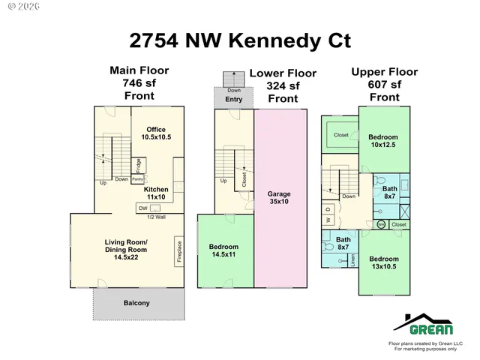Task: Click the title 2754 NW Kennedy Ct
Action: coord(240,40)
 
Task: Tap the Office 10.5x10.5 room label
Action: coord(157,133)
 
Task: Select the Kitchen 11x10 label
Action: coord(156,193)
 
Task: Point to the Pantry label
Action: coord(138,179)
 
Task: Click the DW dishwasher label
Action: coord(142,208)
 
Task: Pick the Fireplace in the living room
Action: coord(178,250)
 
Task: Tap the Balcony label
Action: coord(136,303)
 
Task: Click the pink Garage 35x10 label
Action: coord(279,198)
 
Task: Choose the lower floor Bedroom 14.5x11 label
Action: coord(223,251)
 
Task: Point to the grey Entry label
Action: coord(233,99)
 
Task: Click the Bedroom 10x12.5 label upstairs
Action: coord(382,141)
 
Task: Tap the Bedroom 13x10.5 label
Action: coord(382,263)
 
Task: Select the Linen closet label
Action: coord(352,259)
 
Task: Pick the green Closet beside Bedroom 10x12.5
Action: coord(341,135)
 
